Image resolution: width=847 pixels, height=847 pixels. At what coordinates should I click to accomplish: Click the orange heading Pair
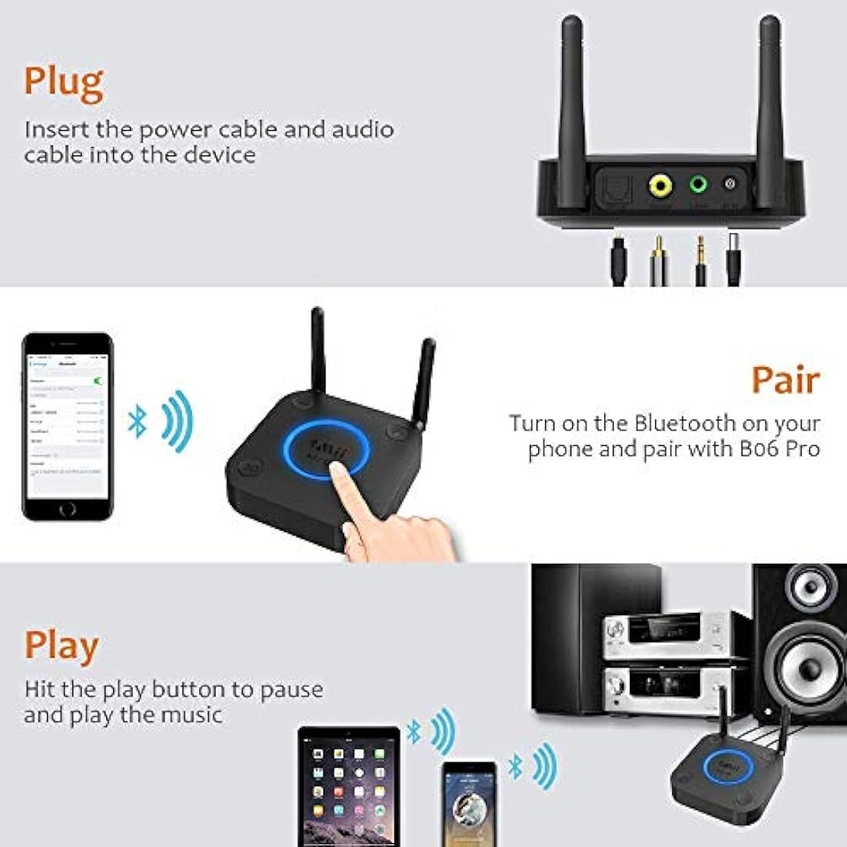785,380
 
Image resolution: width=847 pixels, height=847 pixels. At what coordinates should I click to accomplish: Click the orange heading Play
62,647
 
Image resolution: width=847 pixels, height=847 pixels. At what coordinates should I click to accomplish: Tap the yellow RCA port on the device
661,185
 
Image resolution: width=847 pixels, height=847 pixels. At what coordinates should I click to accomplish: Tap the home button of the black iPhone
68,509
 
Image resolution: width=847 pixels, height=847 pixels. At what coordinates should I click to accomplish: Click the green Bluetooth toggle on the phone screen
98,380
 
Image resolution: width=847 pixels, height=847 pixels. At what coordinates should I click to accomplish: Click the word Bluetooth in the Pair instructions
685,423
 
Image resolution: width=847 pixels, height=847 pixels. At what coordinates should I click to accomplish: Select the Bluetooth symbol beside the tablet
414,733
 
